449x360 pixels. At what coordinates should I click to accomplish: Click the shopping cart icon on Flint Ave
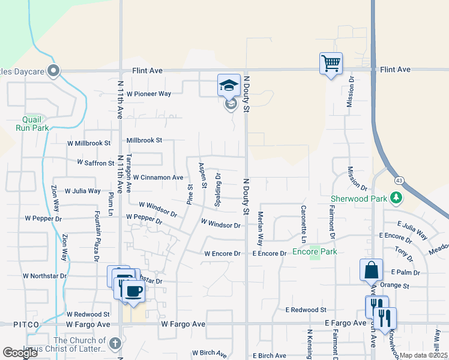[x=331, y=63]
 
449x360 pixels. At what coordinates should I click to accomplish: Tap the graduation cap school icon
[x=229, y=86]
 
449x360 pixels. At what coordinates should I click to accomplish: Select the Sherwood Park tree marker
[x=396, y=197]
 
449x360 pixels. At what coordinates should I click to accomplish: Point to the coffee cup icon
[x=133, y=292]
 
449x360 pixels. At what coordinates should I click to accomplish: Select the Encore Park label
[x=314, y=251]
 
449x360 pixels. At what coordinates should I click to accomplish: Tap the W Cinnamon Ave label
[x=158, y=178]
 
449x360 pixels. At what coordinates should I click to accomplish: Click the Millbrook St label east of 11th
[x=144, y=140]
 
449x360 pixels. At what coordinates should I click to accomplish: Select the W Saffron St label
[x=95, y=163]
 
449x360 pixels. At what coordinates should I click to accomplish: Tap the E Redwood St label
[x=306, y=310]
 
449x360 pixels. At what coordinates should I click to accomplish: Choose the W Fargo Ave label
[x=183, y=323]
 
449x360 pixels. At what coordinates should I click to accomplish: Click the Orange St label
[x=394, y=286]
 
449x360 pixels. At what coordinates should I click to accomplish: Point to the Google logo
[x=20, y=353]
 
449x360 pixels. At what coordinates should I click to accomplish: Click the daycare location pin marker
[x=53, y=71]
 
